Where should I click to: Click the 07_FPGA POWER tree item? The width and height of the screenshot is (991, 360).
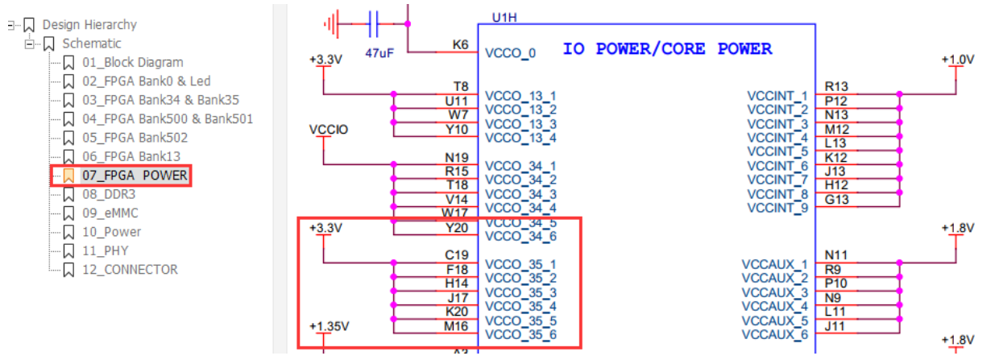tap(135, 175)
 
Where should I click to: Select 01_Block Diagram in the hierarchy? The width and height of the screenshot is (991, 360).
tap(132, 62)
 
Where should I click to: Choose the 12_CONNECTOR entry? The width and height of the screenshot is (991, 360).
tap(130, 270)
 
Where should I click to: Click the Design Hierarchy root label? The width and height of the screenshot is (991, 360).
tap(89, 25)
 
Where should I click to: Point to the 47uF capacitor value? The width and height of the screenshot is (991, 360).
tap(379, 52)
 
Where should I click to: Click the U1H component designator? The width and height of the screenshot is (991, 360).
tap(505, 16)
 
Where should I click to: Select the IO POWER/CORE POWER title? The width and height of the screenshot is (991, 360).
tap(667, 49)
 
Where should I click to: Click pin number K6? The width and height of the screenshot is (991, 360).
tap(460, 45)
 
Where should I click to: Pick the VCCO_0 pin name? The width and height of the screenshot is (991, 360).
tap(510, 54)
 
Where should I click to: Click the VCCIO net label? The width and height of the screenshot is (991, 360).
tap(329, 130)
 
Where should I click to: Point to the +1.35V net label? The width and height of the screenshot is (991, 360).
tap(329, 326)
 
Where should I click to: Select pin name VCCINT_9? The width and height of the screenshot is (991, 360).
tap(777, 209)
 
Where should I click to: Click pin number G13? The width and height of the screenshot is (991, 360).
tap(836, 200)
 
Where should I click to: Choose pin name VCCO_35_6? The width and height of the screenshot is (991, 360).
tap(520, 334)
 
